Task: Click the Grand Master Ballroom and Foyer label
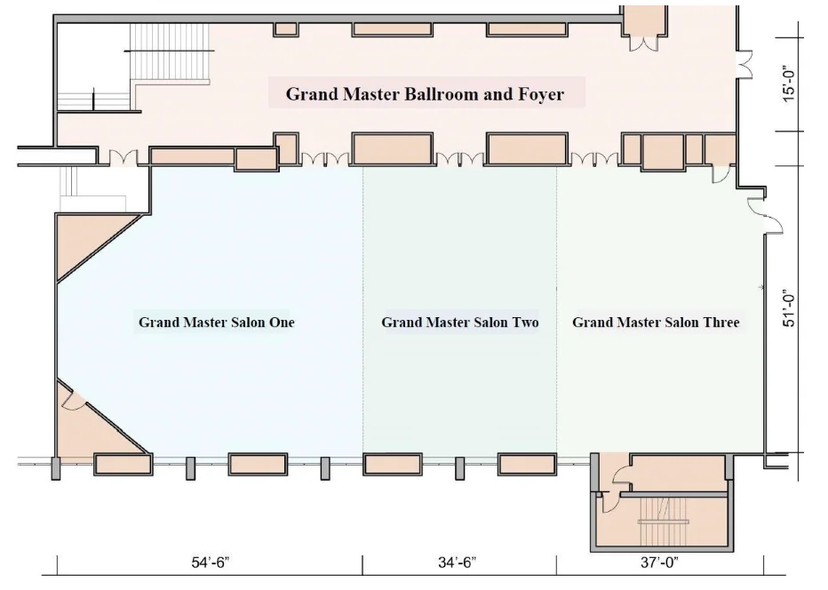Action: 425,93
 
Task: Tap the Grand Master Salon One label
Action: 216,322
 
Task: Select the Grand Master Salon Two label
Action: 459,322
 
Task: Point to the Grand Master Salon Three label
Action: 656,322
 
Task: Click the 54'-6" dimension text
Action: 210,562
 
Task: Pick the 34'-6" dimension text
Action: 459,562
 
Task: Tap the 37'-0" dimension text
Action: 659,562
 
